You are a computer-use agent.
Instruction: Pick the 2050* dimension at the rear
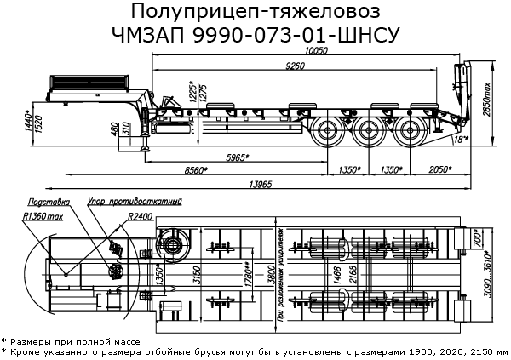coord(441,170)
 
